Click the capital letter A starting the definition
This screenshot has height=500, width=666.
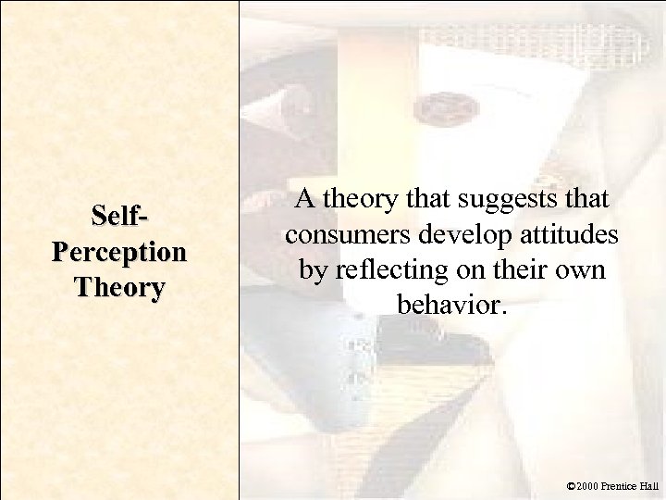pyautogui.click(x=304, y=201)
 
